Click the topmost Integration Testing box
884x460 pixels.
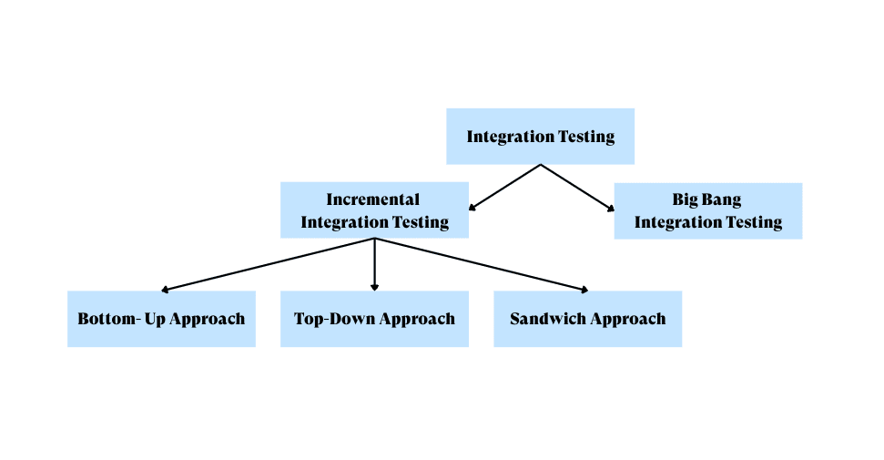click(540, 137)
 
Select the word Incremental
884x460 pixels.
click(373, 199)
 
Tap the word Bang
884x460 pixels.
click(721, 199)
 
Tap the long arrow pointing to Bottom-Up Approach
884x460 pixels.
click(268, 265)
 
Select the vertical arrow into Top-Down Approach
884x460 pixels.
click(374, 265)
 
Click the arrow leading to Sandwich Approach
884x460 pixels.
click(481, 265)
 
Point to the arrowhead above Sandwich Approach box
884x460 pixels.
click(584, 290)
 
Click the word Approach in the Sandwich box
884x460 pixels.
click(627, 319)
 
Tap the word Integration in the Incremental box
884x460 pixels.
click(343, 221)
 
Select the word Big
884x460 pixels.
click(686, 199)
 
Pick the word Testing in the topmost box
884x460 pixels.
click(584, 137)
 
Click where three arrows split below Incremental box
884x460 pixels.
click(374, 240)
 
